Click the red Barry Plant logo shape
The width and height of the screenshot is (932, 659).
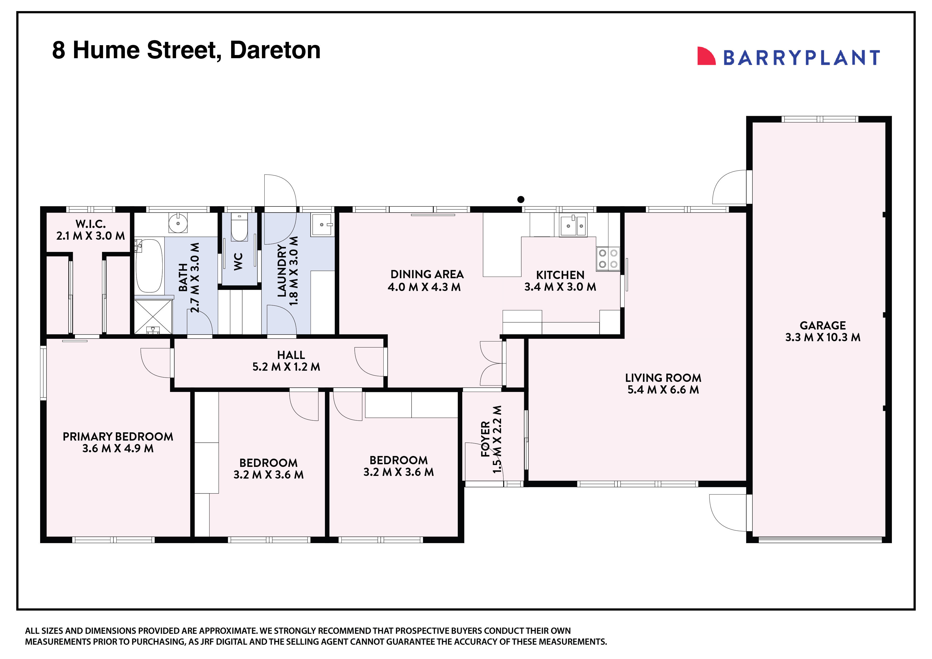[705, 56]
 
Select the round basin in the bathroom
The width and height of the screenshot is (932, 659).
[178, 223]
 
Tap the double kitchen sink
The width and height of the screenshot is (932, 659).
[573, 226]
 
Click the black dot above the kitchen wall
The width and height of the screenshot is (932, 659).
[521, 199]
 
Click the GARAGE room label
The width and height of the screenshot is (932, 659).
[822, 325]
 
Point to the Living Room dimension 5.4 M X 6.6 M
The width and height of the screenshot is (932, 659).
[663, 390]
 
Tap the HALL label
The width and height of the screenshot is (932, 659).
[291, 355]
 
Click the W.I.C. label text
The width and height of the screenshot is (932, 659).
[91, 224]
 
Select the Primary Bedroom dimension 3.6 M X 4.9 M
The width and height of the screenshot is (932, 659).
[118, 448]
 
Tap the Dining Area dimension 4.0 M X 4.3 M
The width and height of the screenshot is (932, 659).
[424, 287]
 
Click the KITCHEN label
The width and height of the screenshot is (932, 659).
[560, 275]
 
